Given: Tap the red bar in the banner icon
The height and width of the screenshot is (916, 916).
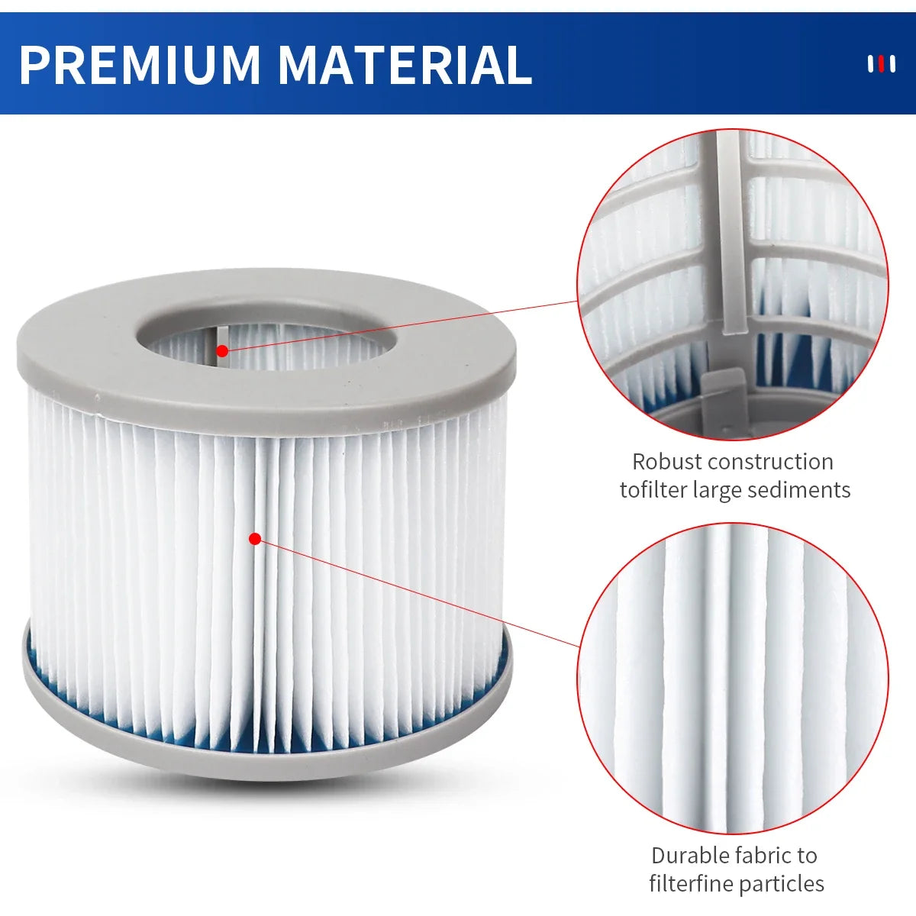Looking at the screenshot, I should tap(882, 64).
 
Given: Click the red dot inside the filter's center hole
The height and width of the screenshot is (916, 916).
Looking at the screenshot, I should tap(222, 351).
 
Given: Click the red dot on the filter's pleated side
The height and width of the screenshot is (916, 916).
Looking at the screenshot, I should tap(255, 539).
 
